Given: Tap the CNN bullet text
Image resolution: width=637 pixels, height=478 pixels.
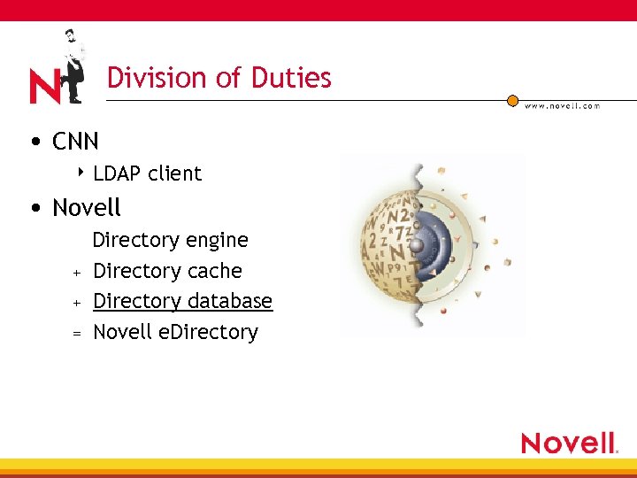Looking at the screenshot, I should click(x=75, y=141).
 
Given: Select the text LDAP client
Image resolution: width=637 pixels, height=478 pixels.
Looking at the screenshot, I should click(x=147, y=173).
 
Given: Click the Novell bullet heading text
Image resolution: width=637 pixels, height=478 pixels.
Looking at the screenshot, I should click(x=86, y=208).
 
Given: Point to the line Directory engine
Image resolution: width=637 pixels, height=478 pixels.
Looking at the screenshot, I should click(x=170, y=240).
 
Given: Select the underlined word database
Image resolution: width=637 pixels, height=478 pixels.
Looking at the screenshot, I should click(x=226, y=301).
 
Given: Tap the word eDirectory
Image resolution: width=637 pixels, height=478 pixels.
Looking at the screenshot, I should click(x=216, y=333).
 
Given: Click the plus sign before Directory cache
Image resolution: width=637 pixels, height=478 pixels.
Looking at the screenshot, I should click(x=77, y=272).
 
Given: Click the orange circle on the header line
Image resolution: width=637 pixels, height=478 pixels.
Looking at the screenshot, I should click(x=512, y=101).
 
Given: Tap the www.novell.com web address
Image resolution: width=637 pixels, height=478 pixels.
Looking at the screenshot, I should click(x=563, y=106).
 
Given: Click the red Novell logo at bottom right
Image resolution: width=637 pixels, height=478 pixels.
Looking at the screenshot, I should click(x=568, y=443).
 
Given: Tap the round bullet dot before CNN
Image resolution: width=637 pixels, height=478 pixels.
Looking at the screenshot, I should click(x=34, y=142).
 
